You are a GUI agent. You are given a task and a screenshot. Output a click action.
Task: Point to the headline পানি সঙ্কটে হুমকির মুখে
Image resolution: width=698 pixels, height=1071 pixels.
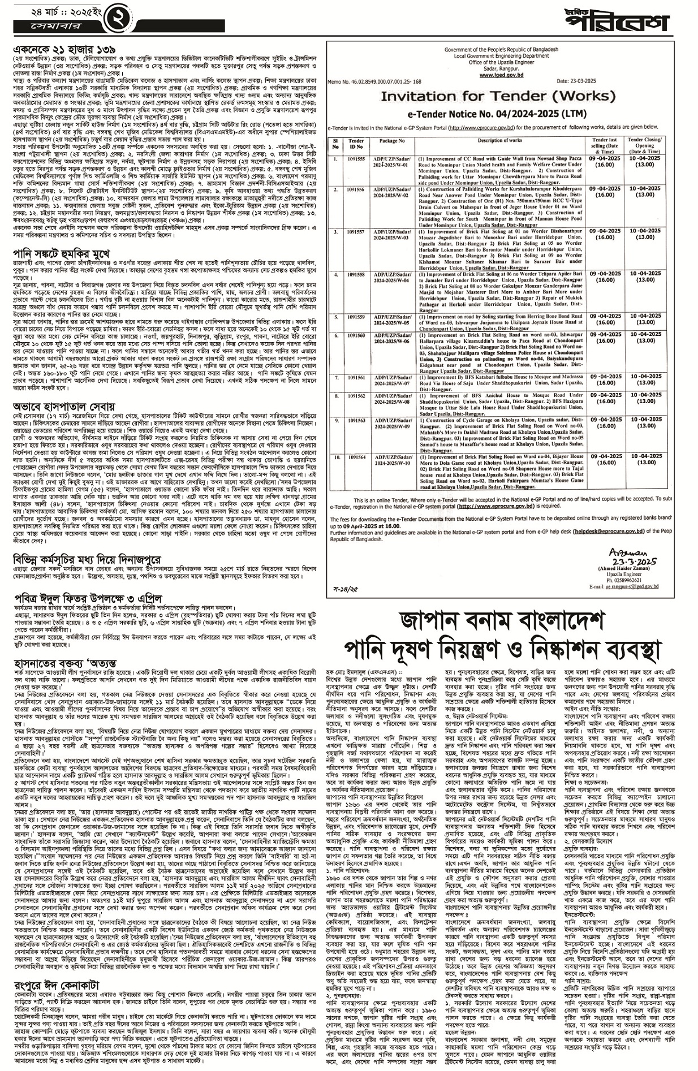tap(70, 252)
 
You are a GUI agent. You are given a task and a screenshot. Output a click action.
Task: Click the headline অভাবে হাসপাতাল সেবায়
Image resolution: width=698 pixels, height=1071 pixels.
tap(64, 406)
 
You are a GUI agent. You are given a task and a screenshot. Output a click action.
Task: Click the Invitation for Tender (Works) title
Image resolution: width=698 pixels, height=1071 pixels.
tap(498, 96)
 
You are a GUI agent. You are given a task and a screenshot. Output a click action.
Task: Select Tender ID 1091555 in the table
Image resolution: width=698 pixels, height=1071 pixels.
tap(356, 159)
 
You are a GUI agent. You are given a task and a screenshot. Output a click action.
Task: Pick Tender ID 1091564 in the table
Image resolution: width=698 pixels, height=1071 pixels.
tap(356, 457)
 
